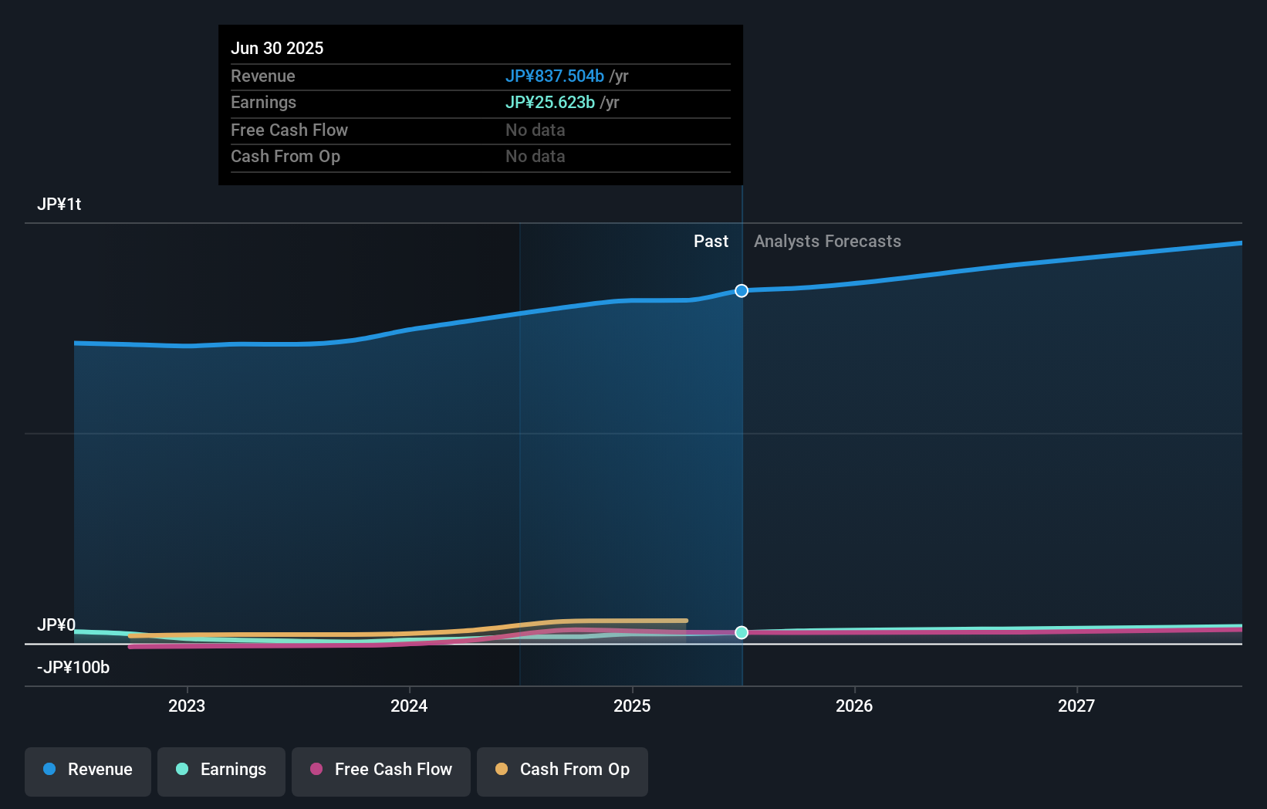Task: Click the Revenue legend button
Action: tap(88, 770)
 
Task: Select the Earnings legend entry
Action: tap(221, 770)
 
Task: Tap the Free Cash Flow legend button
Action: tap(381, 770)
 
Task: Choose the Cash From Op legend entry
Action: tap(563, 770)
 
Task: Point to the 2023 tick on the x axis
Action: tap(187, 706)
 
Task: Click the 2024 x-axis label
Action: tap(409, 706)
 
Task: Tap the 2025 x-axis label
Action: tap(632, 706)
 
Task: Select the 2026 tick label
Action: tap(854, 706)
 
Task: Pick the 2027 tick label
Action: tap(1076, 706)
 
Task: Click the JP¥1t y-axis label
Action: tap(59, 205)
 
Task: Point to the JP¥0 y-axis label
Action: tap(56, 625)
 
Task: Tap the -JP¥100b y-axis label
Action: tap(73, 668)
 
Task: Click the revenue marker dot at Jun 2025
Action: tap(742, 291)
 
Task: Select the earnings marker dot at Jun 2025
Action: tap(742, 632)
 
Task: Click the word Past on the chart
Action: tap(711, 242)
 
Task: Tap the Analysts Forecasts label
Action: tap(827, 242)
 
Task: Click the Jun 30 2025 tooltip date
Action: tap(277, 48)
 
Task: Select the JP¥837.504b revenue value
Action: tap(554, 76)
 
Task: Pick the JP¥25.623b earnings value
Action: tap(549, 103)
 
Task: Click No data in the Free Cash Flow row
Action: tap(535, 130)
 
